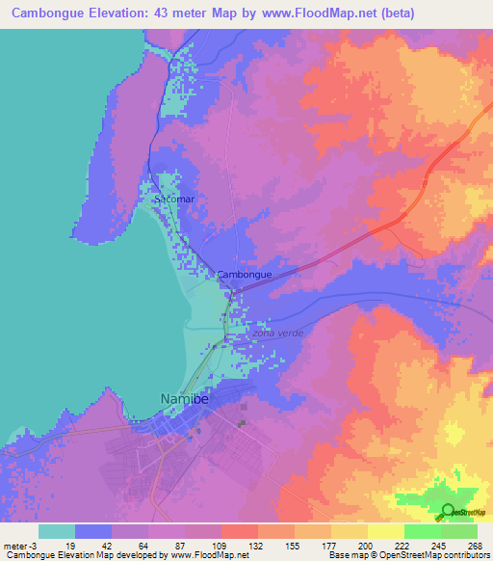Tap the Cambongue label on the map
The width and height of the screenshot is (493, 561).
pyautogui.click(x=244, y=275)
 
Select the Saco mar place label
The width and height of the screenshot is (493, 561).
pyautogui.click(x=173, y=200)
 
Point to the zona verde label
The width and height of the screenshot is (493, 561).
pyautogui.click(x=277, y=334)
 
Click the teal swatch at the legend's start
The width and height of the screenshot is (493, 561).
pyautogui.click(x=56, y=531)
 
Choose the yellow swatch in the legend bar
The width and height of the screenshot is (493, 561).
pyautogui.click(x=385, y=531)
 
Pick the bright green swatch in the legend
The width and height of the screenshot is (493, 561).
pyautogui.click(x=422, y=531)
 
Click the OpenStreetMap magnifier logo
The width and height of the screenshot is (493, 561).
pyautogui.click(x=449, y=511)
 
